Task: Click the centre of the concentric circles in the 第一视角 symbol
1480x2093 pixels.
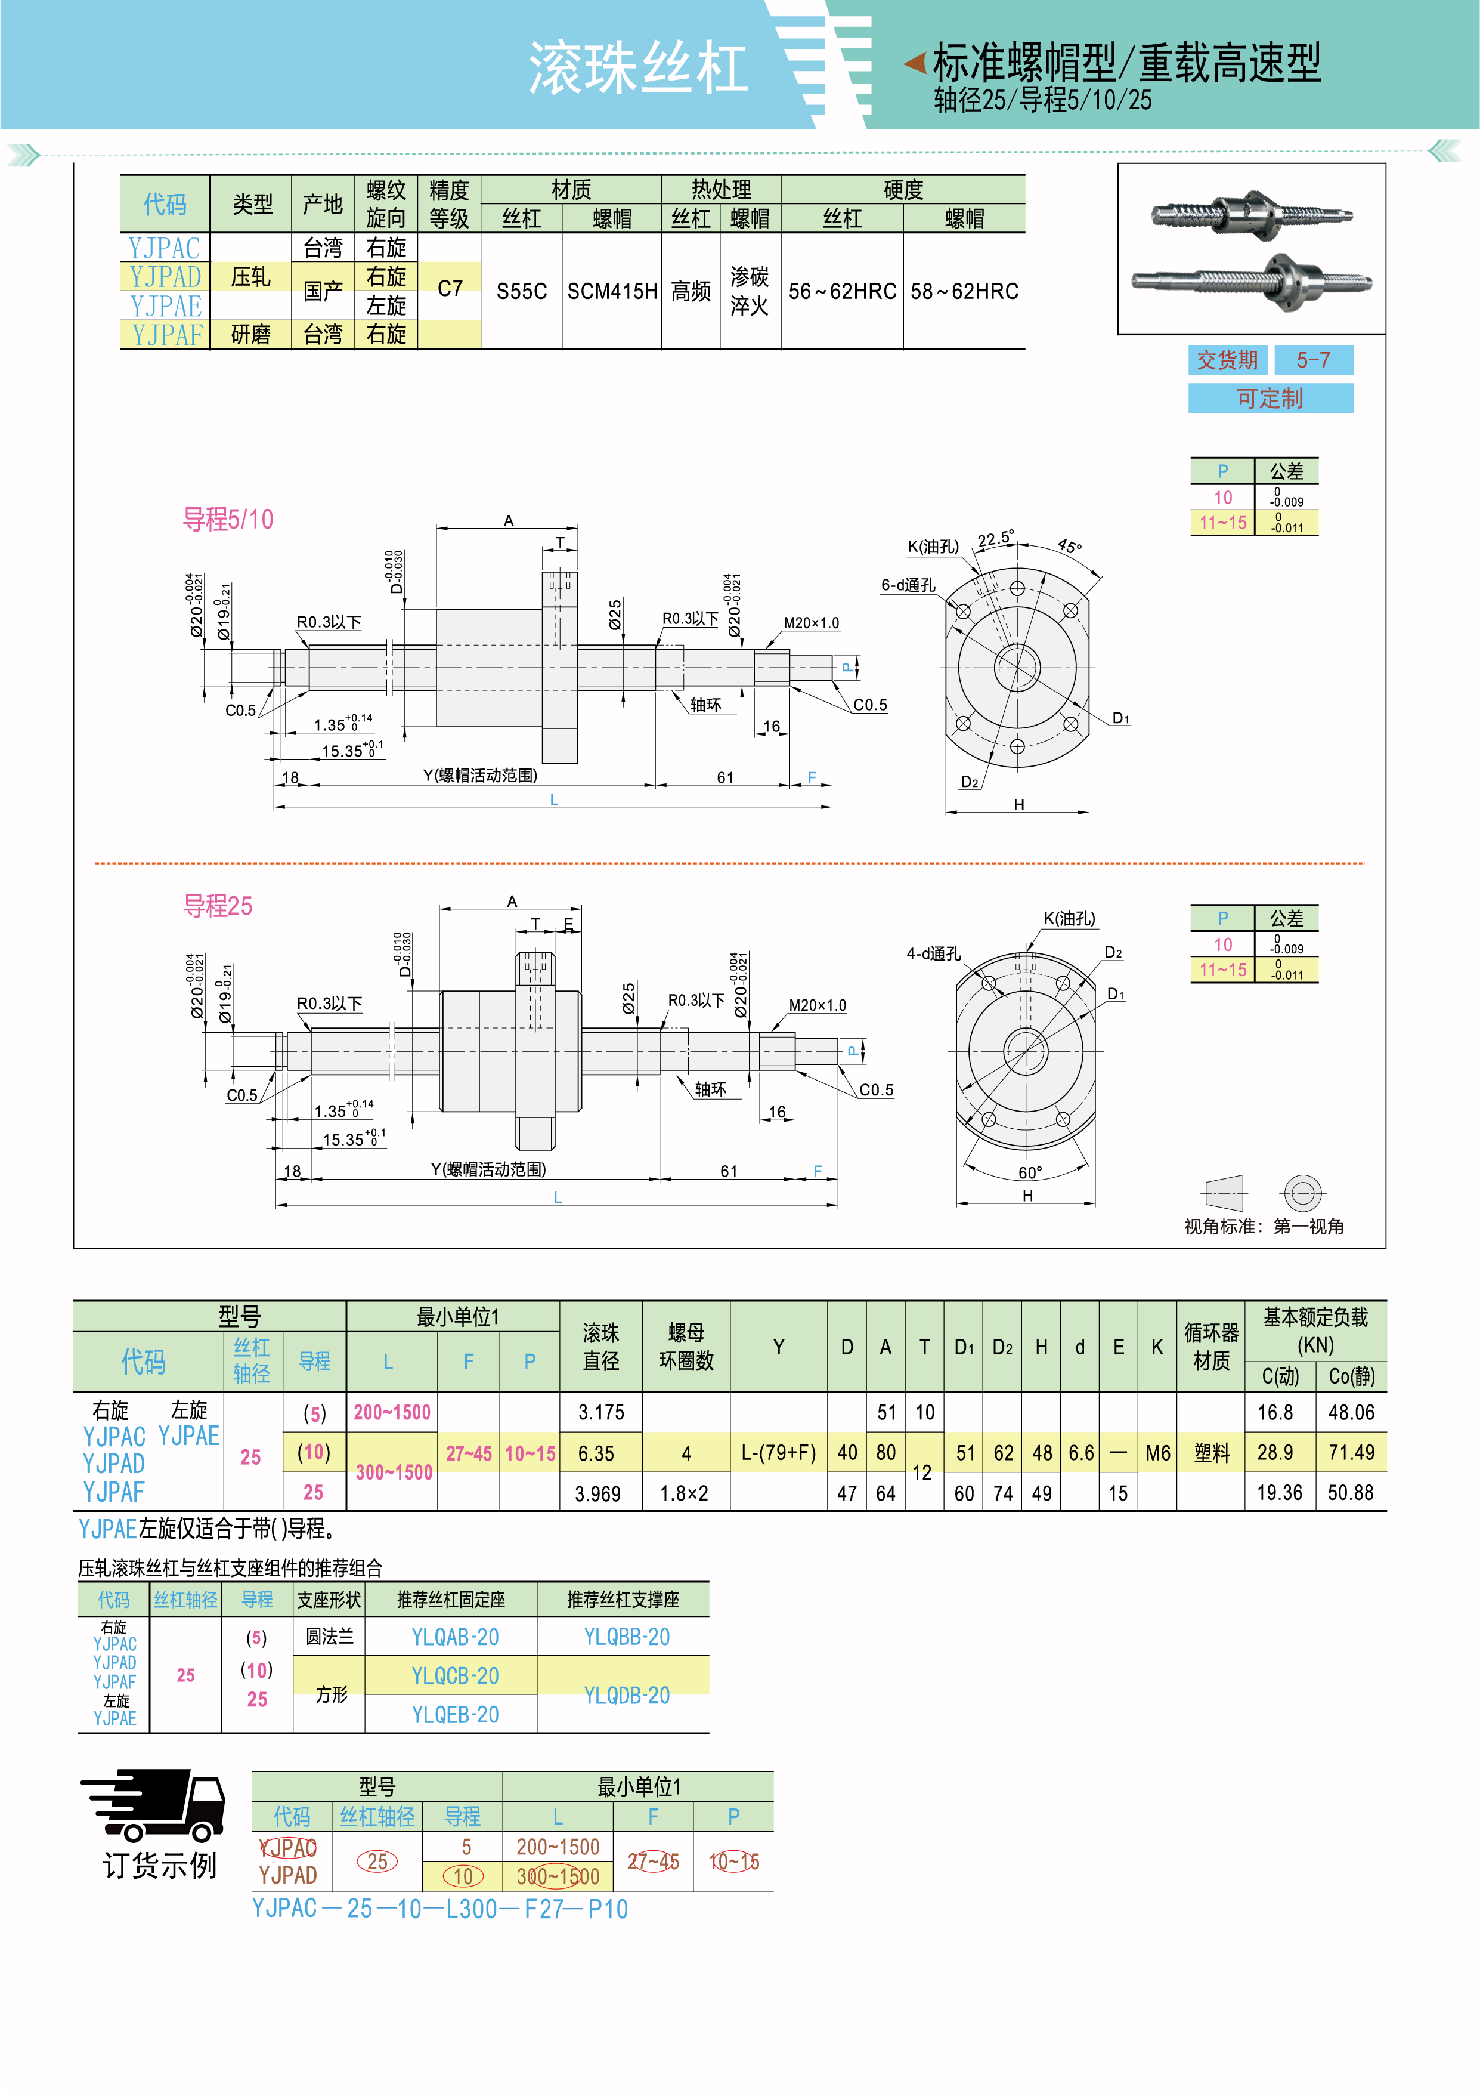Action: coord(1303,1192)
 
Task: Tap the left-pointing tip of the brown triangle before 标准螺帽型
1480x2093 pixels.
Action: coord(903,63)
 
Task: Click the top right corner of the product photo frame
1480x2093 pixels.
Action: coord(1385,164)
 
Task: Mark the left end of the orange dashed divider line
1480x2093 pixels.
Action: coord(95,862)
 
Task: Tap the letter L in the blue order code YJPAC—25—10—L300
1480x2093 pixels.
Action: coord(452,1909)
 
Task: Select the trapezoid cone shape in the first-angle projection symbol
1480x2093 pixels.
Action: coord(1224,1192)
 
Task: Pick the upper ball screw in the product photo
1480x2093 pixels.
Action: coord(1252,214)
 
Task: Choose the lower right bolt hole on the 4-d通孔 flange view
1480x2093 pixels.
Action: coord(1063,1119)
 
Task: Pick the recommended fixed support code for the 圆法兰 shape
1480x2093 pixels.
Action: coord(455,1637)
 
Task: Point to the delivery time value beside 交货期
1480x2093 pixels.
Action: coord(1313,360)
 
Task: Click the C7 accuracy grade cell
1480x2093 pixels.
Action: coord(450,289)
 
